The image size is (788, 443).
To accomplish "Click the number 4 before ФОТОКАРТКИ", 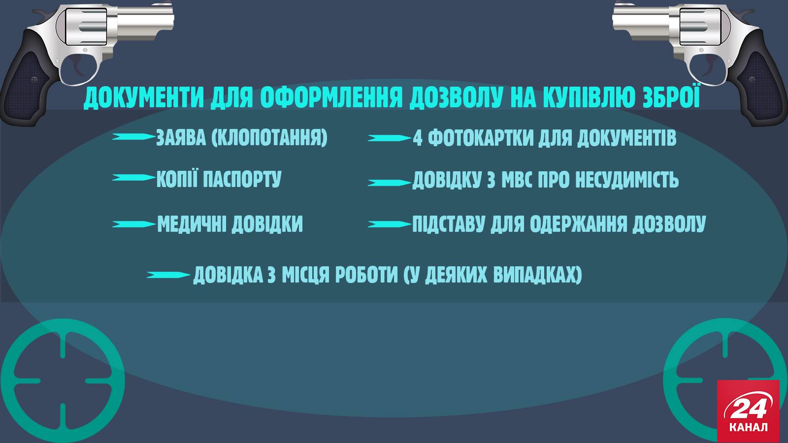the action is [x=418, y=138].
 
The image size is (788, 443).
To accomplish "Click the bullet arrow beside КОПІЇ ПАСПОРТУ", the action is [x=133, y=178].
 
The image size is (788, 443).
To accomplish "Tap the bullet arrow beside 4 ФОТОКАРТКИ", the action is [x=390, y=138].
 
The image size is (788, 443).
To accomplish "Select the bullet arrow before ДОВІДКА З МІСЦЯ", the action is [x=168, y=275].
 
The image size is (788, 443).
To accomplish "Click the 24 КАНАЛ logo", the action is [x=748, y=411].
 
